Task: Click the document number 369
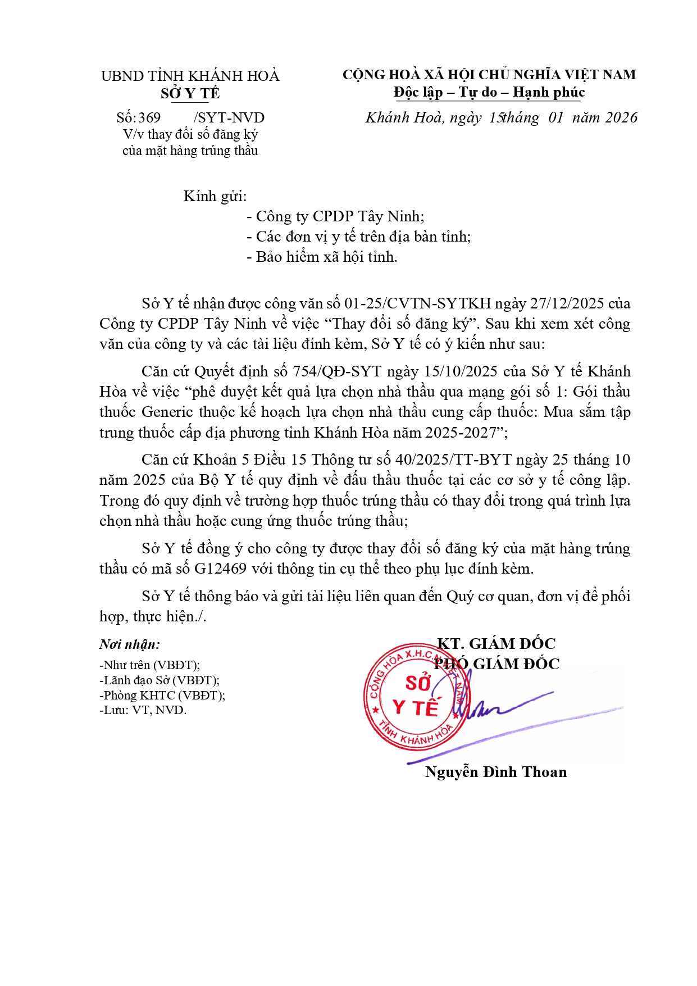149,118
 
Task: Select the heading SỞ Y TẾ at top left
190,93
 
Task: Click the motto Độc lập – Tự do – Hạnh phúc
489,92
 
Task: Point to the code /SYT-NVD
229,118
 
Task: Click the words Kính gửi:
215,196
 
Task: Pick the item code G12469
221,569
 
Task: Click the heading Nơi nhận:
130,644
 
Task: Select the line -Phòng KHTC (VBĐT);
162,695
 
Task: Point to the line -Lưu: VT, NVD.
143,710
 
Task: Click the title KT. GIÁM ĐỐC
496,644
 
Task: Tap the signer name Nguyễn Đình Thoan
496,772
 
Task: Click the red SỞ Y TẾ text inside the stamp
416,697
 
